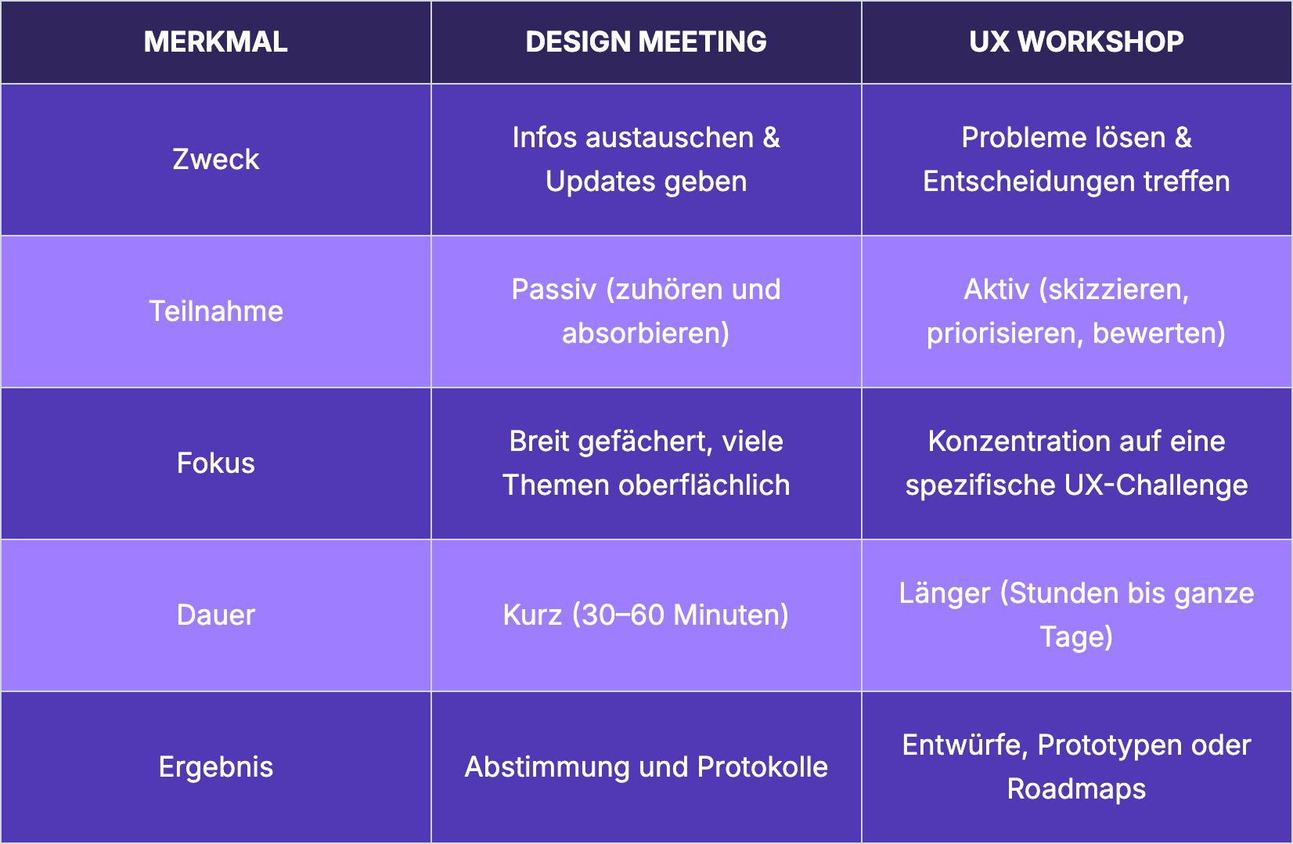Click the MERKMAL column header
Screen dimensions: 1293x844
pos(215,41)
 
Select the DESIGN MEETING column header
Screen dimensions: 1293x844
pos(646,41)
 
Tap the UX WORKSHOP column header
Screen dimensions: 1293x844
pos(1076,41)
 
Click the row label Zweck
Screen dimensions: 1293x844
pos(215,160)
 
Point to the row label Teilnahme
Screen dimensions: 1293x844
pos(215,312)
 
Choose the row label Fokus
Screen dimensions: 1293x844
pos(215,463)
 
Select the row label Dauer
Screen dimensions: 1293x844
pos(215,615)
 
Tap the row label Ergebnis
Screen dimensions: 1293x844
pos(215,767)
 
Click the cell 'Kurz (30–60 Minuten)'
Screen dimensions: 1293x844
pos(646,615)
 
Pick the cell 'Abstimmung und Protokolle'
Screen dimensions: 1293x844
pos(646,767)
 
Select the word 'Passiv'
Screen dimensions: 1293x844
pos(553,290)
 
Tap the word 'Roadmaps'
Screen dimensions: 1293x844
pos(1076,789)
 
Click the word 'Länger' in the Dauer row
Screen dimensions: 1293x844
pos(944,593)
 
